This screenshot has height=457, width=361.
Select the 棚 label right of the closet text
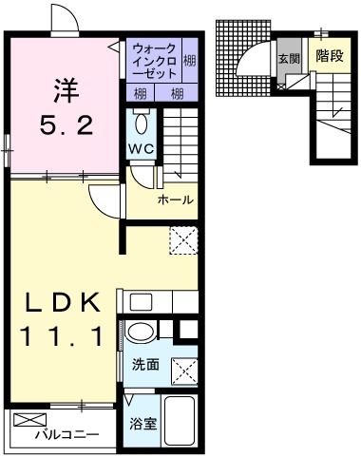pyautogui.click(x=190, y=61)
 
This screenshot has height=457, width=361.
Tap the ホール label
pyautogui.click(x=176, y=200)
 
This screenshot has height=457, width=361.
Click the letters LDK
pyautogui.click(x=63, y=303)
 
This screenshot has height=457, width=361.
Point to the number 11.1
pyautogui.click(x=61, y=335)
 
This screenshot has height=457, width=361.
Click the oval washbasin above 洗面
pyautogui.click(x=141, y=333)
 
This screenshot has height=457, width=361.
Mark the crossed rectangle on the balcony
pyautogui.click(x=30, y=418)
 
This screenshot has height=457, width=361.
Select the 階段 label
pyautogui.click(x=330, y=56)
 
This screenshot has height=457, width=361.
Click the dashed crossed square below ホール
pyautogui.click(x=183, y=239)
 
